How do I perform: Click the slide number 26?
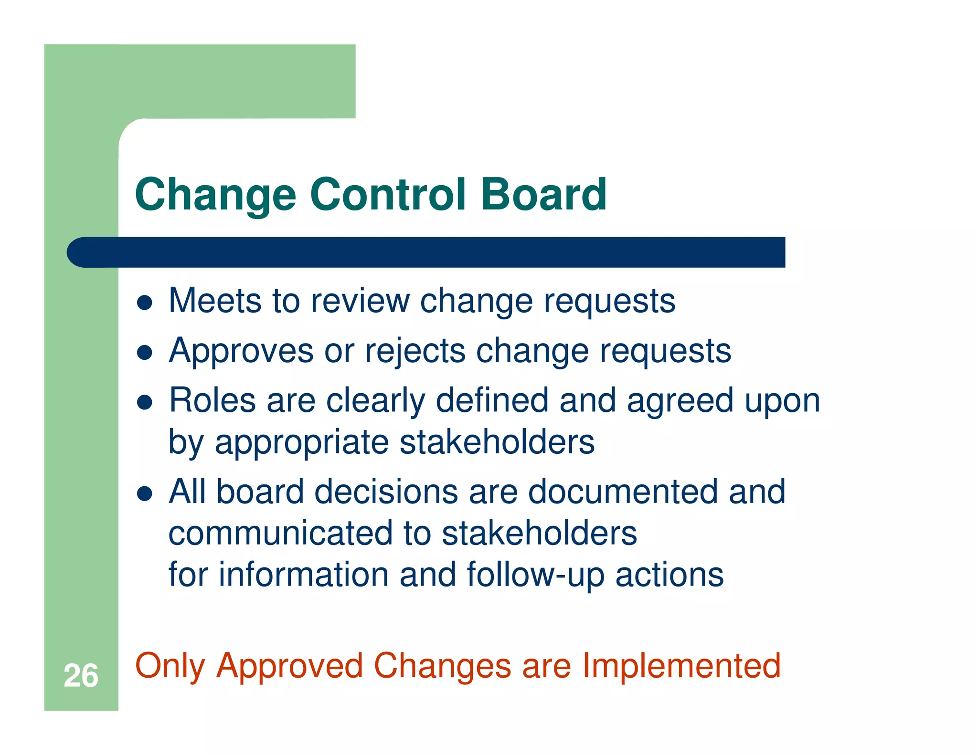tap(81, 676)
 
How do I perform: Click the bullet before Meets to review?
tap(144, 302)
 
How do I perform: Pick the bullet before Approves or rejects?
tap(144, 352)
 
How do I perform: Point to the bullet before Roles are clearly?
tap(144, 402)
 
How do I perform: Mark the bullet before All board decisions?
tap(144, 493)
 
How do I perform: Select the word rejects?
tap(415, 351)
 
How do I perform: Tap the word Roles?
tap(212, 400)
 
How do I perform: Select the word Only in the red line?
tap(170, 667)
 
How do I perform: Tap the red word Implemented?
tap(681, 667)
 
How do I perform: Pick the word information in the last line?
tap(304, 575)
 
